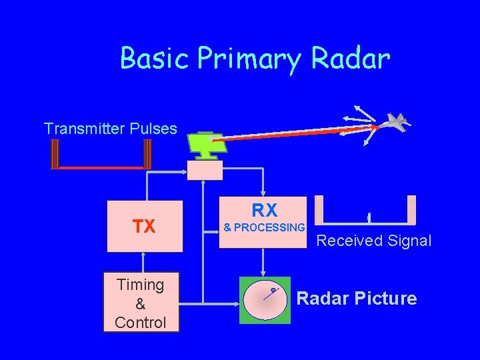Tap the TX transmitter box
(144, 226)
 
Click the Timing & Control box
(140, 303)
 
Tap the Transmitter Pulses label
(110, 128)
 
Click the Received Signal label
(373, 241)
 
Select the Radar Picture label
(357, 299)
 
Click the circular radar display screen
(265, 300)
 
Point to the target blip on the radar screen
(273, 290)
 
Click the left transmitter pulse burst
(55, 155)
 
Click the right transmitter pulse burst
(147, 155)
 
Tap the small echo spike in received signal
(369, 217)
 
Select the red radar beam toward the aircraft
(300, 133)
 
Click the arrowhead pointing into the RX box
(264, 193)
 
